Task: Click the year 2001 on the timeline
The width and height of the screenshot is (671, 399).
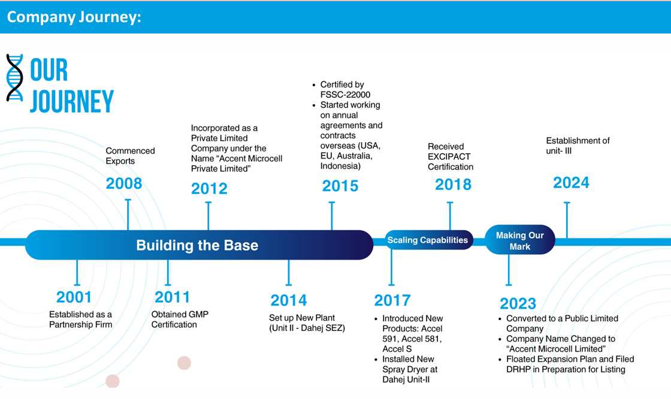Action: [74, 297]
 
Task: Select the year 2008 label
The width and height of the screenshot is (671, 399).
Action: [124, 183]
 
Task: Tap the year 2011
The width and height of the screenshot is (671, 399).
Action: [172, 297]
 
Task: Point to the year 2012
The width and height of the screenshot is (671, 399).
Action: [209, 189]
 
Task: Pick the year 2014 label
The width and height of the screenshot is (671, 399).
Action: [288, 300]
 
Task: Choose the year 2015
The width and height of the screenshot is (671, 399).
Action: [340, 186]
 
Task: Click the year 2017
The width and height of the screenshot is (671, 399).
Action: [392, 300]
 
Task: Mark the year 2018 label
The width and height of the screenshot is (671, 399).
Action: [453, 184]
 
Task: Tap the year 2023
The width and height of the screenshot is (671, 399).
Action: [518, 303]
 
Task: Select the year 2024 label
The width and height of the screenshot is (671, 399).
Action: [571, 182]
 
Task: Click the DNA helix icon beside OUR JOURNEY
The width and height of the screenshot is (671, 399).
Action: [15, 78]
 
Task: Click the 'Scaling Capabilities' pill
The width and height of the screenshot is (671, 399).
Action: [428, 240]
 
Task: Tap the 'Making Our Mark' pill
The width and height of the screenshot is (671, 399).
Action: [519, 240]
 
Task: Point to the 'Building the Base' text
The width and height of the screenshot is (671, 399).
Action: [197, 245]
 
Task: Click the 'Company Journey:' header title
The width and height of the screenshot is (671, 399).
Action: [74, 17]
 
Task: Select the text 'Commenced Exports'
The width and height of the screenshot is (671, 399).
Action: [130, 156]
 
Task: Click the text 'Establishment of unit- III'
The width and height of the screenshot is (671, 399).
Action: [578, 146]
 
